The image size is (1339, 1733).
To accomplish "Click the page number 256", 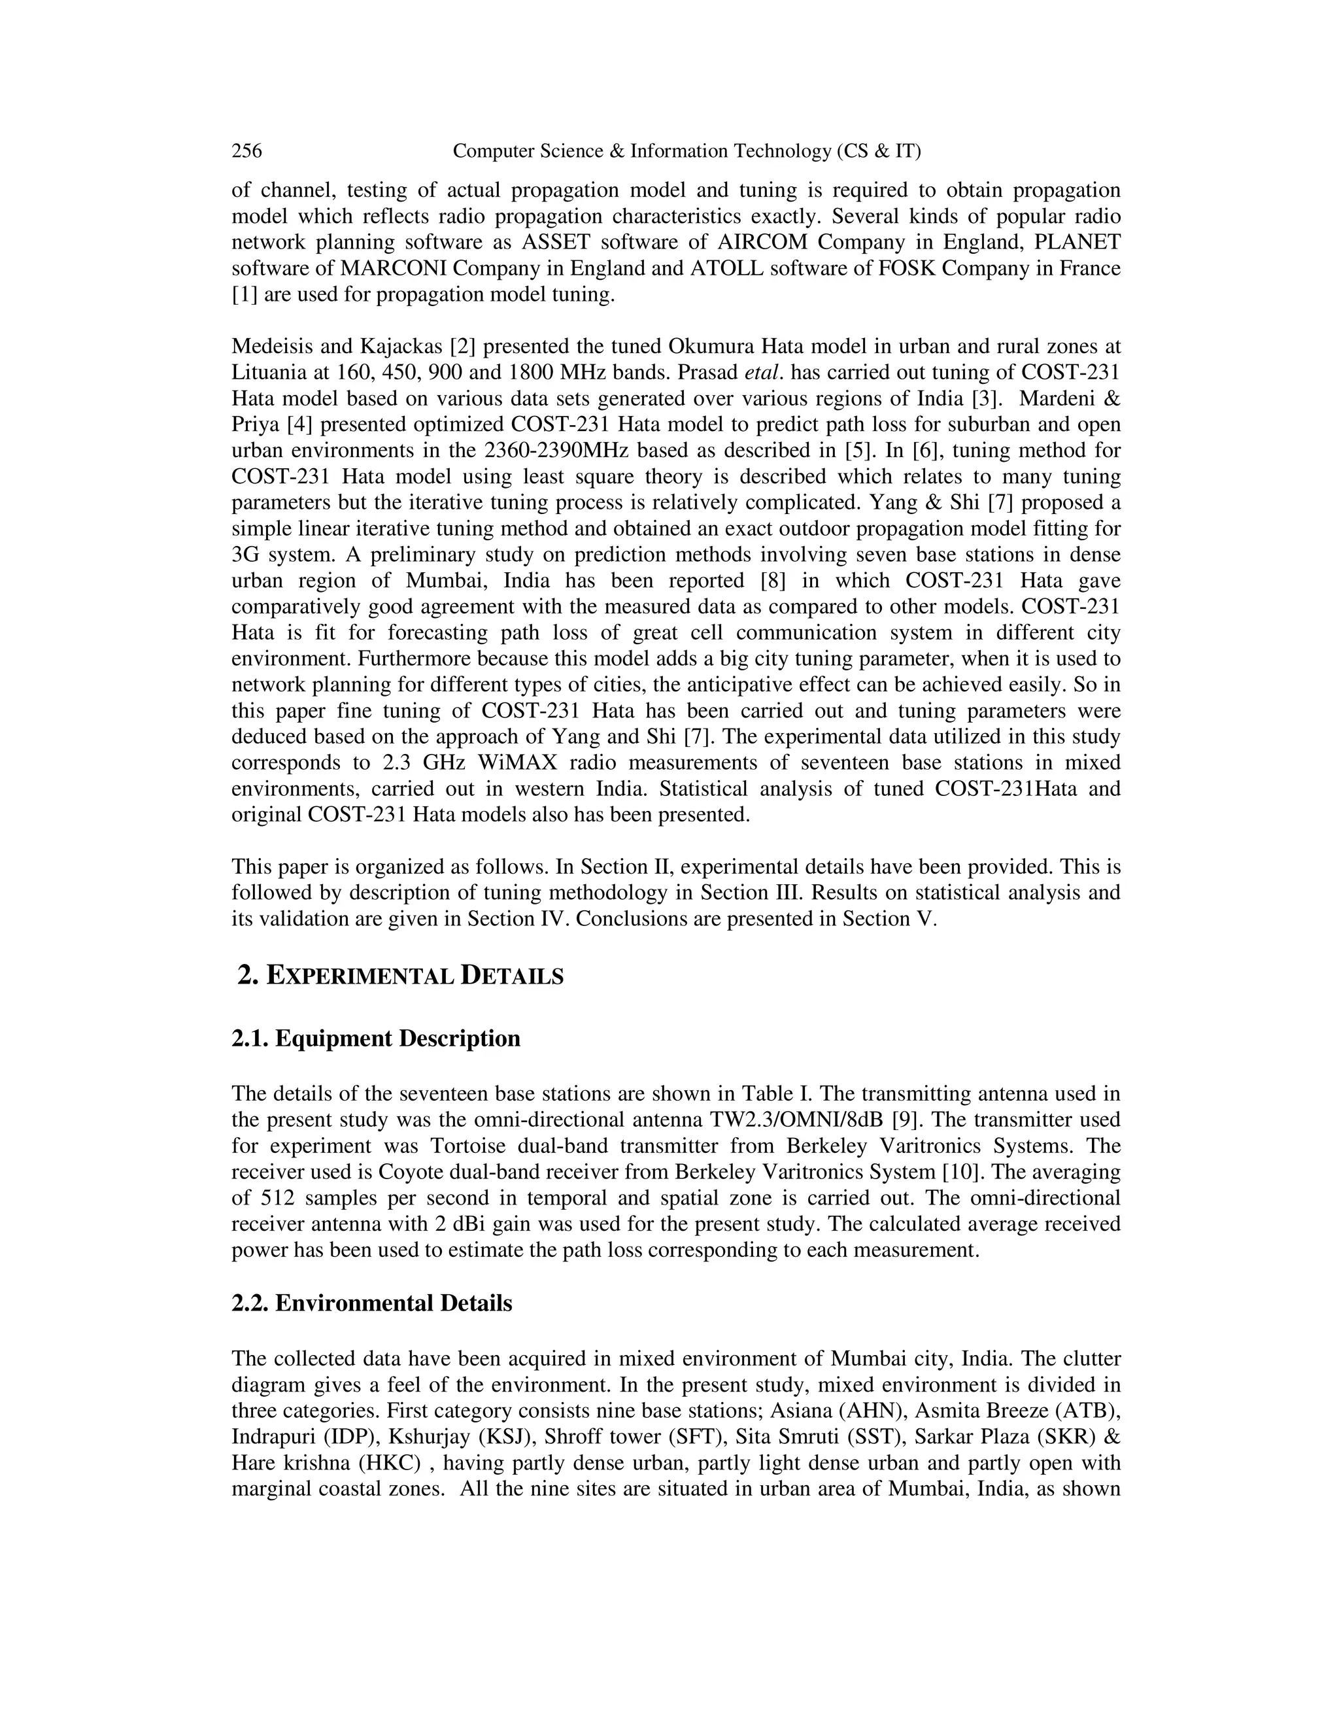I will tap(246, 151).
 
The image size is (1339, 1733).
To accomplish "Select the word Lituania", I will tap(269, 373).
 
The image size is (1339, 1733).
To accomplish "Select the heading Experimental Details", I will tap(401, 975).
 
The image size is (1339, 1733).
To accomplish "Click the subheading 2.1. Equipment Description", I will tap(376, 1038).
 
